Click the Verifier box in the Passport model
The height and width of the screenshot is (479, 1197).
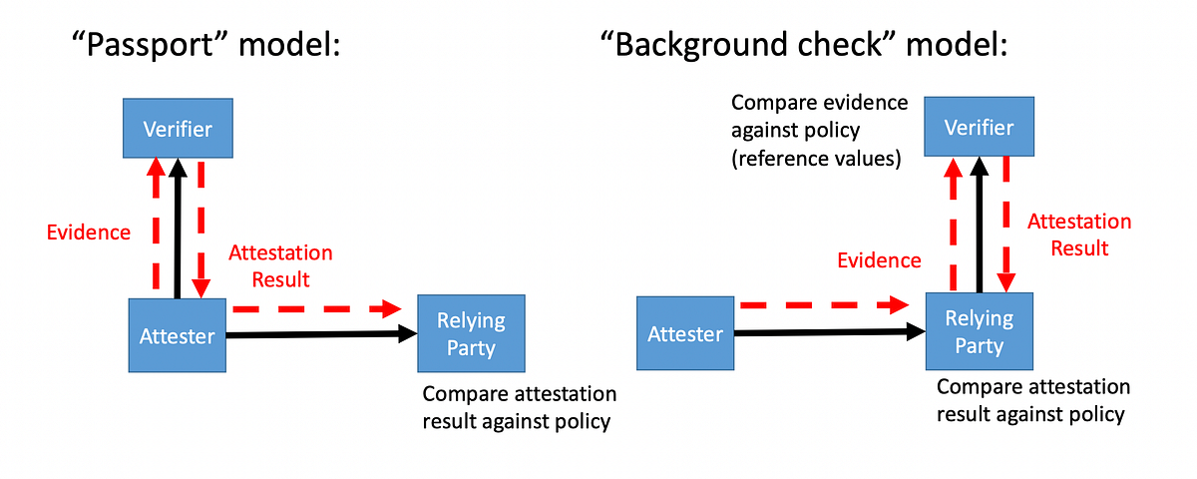coord(177,128)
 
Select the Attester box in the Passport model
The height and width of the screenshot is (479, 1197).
coord(177,334)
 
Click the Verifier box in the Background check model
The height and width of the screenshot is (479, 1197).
coord(979,127)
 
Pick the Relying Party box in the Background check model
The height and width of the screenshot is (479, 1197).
coord(979,331)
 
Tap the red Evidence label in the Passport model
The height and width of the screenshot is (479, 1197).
coord(89,233)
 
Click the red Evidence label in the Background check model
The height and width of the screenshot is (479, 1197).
coord(879,260)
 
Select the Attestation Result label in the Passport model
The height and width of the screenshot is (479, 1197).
coord(280,264)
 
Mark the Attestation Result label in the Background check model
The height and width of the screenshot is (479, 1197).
coord(1079,235)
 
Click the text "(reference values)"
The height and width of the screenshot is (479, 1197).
coord(817,158)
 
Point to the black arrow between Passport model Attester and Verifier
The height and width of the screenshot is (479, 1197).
coord(177,230)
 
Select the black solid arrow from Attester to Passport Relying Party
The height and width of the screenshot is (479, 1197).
coord(319,336)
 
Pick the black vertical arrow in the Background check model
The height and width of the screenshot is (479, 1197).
coord(979,225)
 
